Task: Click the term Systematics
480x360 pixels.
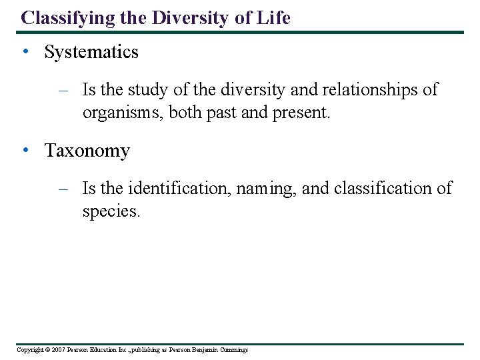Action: pos(91,52)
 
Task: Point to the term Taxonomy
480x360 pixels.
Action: pos(87,151)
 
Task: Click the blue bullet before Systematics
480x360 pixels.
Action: pos(24,53)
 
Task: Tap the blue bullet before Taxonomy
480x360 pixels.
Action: pos(24,151)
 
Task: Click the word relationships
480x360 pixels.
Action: pos(371,89)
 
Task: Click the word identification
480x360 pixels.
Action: pos(178,189)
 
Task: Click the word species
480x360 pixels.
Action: pos(111,212)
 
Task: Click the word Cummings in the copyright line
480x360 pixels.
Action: pos(232,350)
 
